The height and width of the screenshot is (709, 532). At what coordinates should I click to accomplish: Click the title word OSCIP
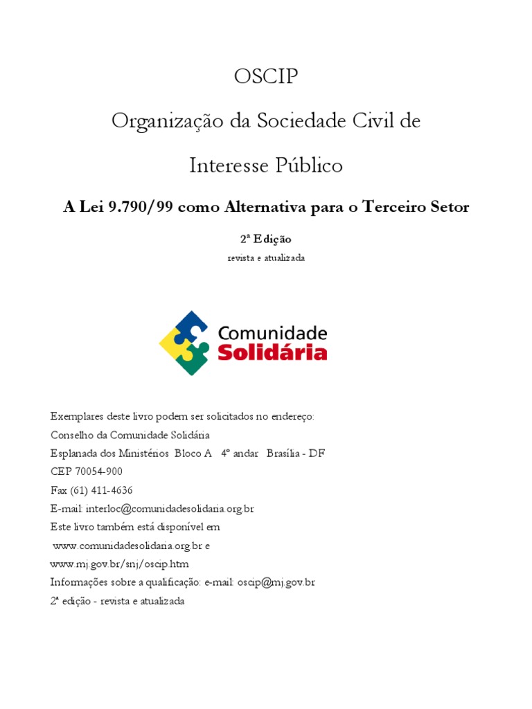(x=266, y=76)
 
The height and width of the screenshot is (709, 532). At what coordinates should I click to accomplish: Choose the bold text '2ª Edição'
(x=266, y=238)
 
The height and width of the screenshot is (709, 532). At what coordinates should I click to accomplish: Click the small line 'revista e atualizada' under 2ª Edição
(x=266, y=258)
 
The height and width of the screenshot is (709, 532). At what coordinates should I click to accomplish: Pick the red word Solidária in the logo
(x=272, y=352)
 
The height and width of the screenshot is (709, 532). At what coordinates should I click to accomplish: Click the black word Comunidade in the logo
(x=272, y=332)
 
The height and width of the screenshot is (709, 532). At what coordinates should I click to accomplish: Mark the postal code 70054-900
(x=98, y=472)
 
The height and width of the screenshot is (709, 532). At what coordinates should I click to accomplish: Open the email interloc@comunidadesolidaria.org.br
(x=172, y=508)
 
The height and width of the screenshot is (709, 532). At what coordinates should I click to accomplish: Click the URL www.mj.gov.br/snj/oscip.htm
(x=119, y=564)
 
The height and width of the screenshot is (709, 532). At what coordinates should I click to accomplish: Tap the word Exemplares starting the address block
(x=76, y=417)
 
